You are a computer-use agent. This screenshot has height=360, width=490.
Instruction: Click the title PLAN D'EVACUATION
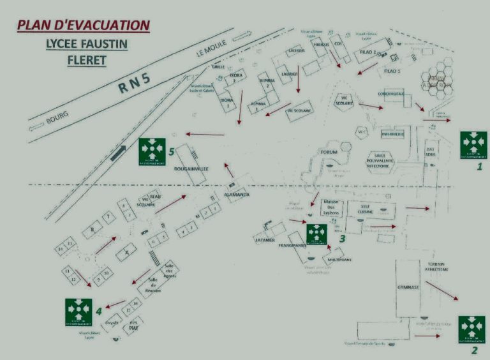point(84,26)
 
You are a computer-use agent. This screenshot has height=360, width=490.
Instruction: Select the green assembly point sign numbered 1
point(473,144)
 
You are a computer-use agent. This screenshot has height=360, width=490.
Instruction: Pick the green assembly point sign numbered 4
point(78,311)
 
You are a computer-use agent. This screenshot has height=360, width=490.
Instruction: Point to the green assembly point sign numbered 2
point(471,329)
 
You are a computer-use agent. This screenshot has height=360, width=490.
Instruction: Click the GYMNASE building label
point(408,287)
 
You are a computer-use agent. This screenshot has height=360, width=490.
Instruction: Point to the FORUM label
point(329,152)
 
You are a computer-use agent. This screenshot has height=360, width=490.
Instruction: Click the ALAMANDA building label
point(237,194)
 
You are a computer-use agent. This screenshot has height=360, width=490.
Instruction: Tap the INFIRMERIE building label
point(393,134)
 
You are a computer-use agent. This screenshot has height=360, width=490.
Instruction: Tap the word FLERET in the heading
point(86,61)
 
